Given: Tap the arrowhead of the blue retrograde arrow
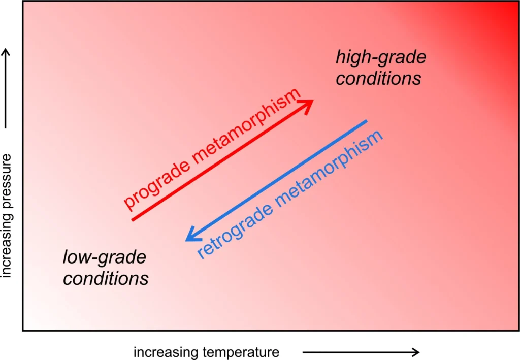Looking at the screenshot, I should [x=191, y=236].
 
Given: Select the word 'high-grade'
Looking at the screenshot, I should [x=381, y=57].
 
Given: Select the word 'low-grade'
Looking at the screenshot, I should [x=105, y=258].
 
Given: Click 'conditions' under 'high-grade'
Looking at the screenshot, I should [x=379, y=79].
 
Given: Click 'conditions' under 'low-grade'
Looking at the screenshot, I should [x=106, y=279].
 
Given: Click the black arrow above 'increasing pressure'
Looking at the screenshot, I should [x=7, y=89].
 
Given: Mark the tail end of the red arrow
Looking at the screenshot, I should [x=133, y=219].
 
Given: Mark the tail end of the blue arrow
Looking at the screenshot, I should [x=366, y=121].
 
